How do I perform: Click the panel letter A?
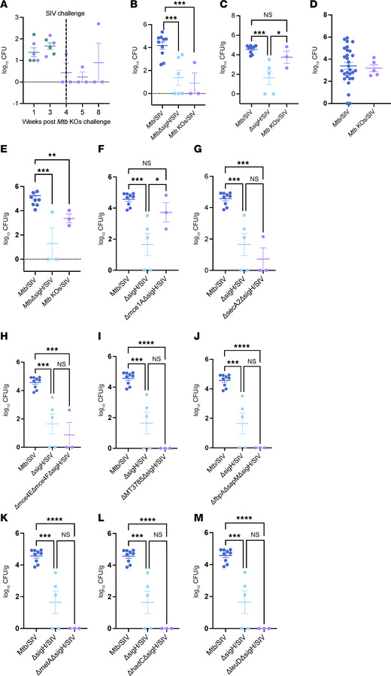click(6, 6)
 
